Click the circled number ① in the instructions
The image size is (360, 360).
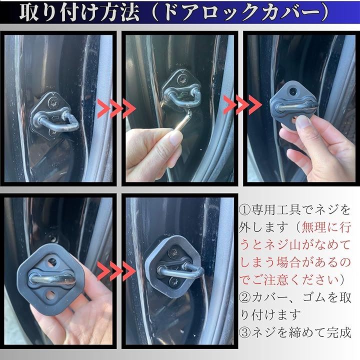(x=244, y=210)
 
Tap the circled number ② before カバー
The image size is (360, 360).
(x=244, y=297)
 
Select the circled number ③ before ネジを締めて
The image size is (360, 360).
(x=244, y=332)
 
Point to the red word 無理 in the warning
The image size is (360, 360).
(x=313, y=227)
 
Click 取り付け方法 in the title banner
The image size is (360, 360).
(x=79, y=12)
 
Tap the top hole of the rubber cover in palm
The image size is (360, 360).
(x=52, y=262)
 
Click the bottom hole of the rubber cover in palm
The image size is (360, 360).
(x=50, y=294)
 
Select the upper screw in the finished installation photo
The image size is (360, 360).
(x=174, y=252)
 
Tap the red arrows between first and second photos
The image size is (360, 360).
(x=116, y=108)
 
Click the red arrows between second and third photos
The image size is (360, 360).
(x=242, y=105)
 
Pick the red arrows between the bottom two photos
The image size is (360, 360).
(x=116, y=271)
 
